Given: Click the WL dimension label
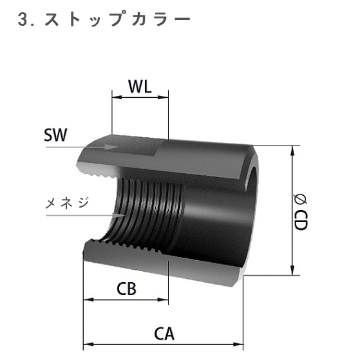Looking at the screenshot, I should click(140, 87).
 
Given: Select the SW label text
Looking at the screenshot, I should click(57, 135).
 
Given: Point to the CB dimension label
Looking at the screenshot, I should click(126, 288).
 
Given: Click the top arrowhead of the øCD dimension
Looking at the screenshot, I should click(294, 149).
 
